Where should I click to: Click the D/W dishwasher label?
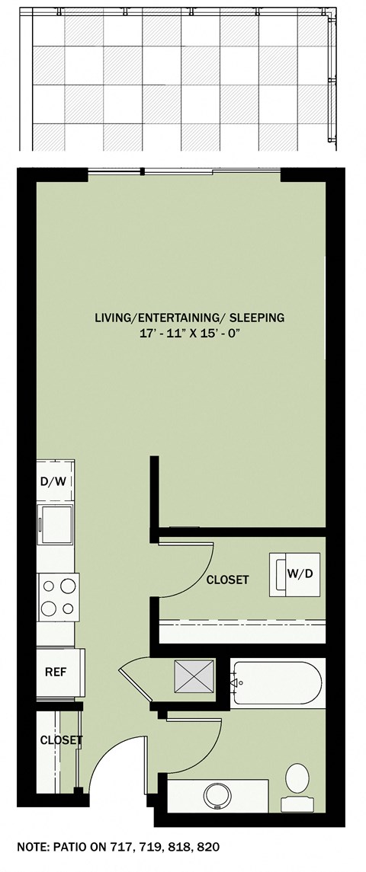tap(54, 481)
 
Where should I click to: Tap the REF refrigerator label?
tap(56, 671)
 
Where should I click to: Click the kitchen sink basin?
tap(55, 525)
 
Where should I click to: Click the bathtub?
tap(278, 683)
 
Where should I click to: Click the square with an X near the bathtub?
tap(194, 676)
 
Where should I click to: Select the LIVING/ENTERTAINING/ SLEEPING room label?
tap(189, 318)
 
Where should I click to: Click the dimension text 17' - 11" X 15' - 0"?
tap(190, 333)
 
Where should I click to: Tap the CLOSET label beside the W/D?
tap(227, 580)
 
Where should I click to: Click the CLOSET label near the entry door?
tap(61, 740)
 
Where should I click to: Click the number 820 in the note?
tap(209, 848)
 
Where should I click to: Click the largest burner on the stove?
tap(69, 586)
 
